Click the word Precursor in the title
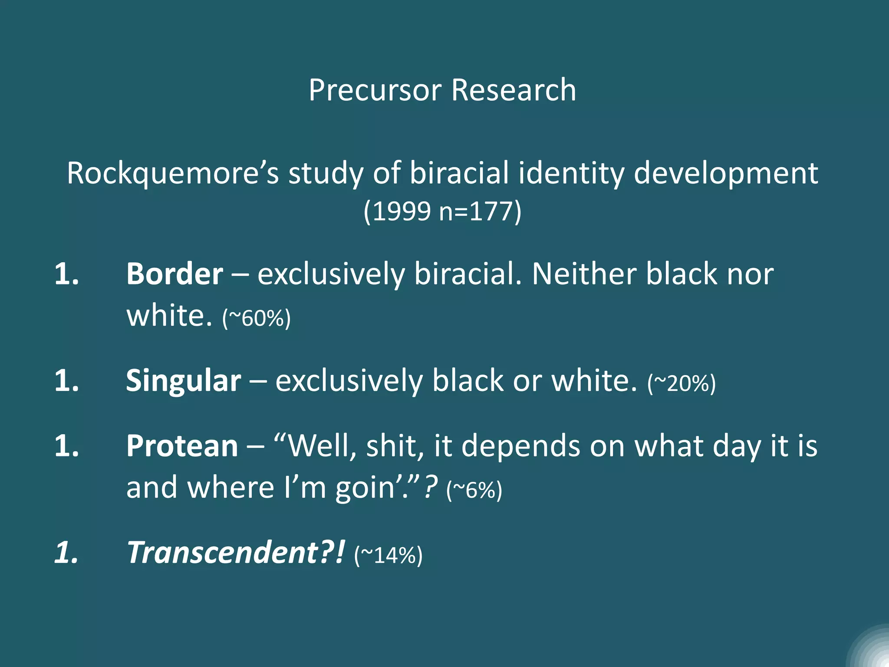[x=375, y=90]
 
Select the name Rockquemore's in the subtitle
[x=172, y=173]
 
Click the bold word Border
[x=175, y=274]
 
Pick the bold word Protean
[x=182, y=446]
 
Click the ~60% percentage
[x=256, y=318]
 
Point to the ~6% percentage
[x=474, y=490]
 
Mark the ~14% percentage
[x=388, y=555]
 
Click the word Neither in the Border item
[x=584, y=274]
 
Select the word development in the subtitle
[x=726, y=173]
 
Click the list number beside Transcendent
[x=66, y=552]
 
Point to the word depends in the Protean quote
[x=520, y=446]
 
